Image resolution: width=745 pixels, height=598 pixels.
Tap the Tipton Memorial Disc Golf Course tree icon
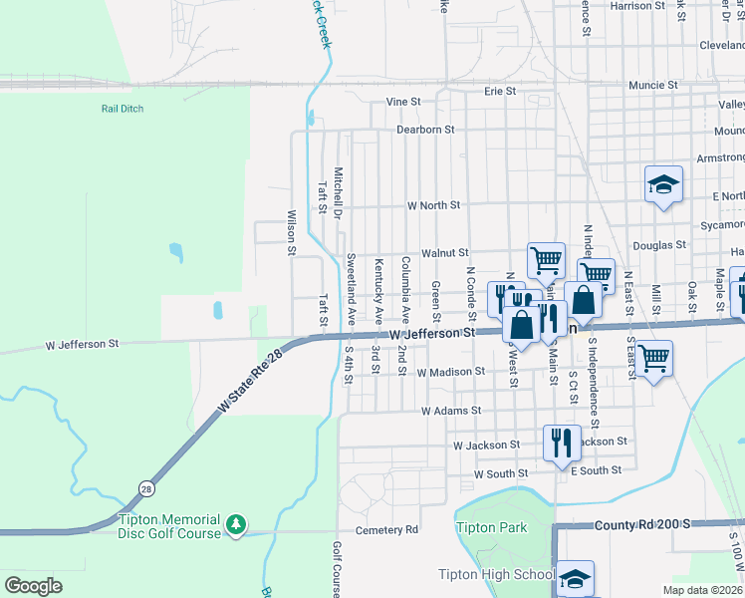coord(236,524)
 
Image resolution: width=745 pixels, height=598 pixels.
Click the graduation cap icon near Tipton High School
coord(575,578)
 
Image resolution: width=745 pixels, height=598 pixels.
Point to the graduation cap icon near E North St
coord(663,184)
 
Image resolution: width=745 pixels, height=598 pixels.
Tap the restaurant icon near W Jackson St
coord(562,441)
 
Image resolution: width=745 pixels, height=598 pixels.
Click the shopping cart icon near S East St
coord(653,356)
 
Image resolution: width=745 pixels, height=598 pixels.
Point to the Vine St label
coord(403,102)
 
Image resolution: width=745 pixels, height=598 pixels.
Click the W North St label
coord(434,205)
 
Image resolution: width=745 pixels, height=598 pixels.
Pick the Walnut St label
coord(444,254)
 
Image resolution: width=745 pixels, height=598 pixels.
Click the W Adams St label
coord(451,411)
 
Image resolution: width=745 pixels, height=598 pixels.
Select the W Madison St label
coord(451,372)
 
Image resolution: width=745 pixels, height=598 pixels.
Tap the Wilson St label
coord(292,233)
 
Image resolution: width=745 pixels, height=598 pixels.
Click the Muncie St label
coord(653,86)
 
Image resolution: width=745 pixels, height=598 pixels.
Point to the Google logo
coord(33,586)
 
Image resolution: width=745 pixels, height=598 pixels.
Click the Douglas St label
coord(659,244)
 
